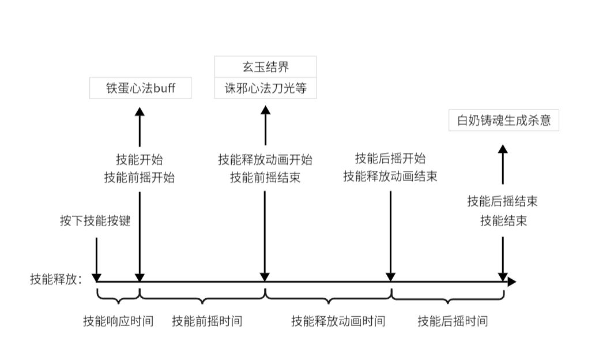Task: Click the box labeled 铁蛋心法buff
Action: pos(140,89)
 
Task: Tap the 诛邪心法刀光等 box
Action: pos(265,89)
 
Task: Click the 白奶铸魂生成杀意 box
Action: pos(503,121)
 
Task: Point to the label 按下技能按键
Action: pos(95,221)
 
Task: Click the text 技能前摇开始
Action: pos(139,178)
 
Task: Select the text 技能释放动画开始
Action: pos(265,160)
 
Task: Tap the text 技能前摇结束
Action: pos(265,178)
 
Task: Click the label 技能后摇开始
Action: pos(390,158)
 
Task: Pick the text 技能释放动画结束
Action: pos(390,176)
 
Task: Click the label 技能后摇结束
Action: pos(503,201)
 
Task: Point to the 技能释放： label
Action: pos(56,280)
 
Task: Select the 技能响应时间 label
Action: pos(118,321)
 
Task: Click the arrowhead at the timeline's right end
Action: pos(511,282)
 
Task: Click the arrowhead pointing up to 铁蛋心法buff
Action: pos(140,111)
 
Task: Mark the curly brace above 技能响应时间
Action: pos(118,298)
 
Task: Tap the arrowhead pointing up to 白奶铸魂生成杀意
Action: pos(503,149)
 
